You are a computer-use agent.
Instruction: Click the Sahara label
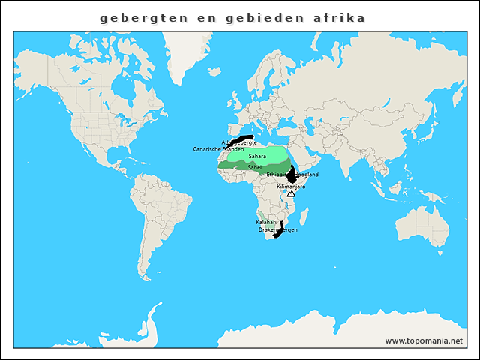[x=257, y=156]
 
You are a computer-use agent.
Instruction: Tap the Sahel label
[x=255, y=166]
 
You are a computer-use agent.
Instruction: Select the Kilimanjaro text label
[x=291, y=186]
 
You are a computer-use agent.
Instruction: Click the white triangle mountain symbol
[x=291, y=193]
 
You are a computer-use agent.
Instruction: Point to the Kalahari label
[x=266, y=223]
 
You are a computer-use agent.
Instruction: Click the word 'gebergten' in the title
[x=139, y=16]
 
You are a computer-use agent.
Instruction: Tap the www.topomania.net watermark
[x=424, y=340]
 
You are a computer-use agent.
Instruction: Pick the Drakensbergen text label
[x=277, y=229]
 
